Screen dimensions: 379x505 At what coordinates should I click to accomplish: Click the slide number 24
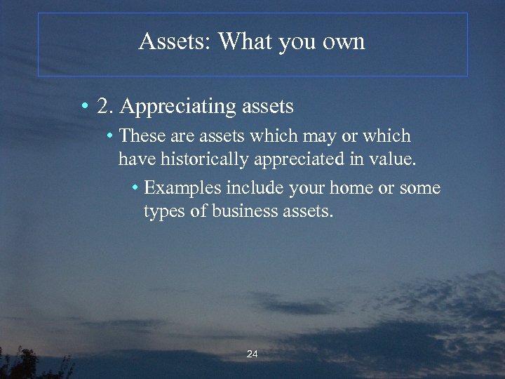click(252, 354)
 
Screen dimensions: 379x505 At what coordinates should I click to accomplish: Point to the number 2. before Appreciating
click(105, 107)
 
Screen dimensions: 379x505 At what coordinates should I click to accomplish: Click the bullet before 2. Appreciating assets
click(83, 107)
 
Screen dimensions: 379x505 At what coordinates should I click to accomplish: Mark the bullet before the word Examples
click(135, 188)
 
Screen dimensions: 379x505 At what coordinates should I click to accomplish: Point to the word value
click(395, 159)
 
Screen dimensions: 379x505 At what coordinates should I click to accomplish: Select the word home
click(355, 188)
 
